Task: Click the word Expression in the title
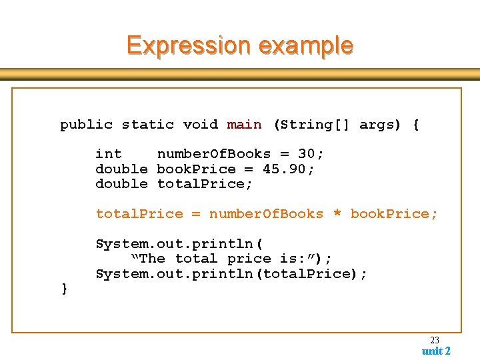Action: coord(188,45)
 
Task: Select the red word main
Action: coord(245,125)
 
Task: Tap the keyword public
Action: coord(87,125)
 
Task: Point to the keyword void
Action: coord(200,125)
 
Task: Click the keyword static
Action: coord(148,125)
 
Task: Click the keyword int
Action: coord(109,154)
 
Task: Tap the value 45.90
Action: coord(288,169)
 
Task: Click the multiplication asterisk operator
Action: coord(337,214)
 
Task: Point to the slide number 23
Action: coord(435,340)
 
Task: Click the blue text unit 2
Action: coord(436,351)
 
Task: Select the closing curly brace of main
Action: coord(64,288)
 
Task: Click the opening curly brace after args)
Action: coord(416,125)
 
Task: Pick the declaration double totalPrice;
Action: coord(174,183)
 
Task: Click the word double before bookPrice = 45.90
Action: coord(121,169)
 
